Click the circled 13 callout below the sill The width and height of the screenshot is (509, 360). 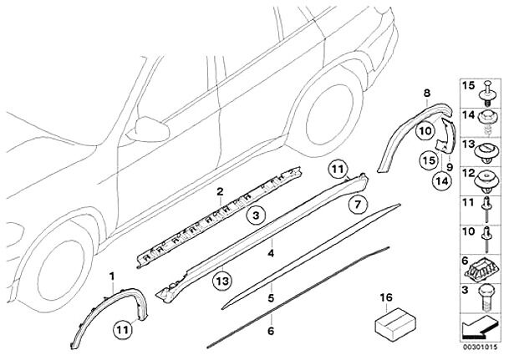221,281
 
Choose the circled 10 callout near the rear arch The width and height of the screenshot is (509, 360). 425,130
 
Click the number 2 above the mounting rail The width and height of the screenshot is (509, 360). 219,191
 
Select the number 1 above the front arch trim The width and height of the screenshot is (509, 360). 110,275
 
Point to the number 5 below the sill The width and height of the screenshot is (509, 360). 270,297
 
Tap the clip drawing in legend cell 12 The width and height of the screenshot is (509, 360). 486,176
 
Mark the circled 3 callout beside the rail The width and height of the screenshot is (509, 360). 258,215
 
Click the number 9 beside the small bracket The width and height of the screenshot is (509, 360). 450,166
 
